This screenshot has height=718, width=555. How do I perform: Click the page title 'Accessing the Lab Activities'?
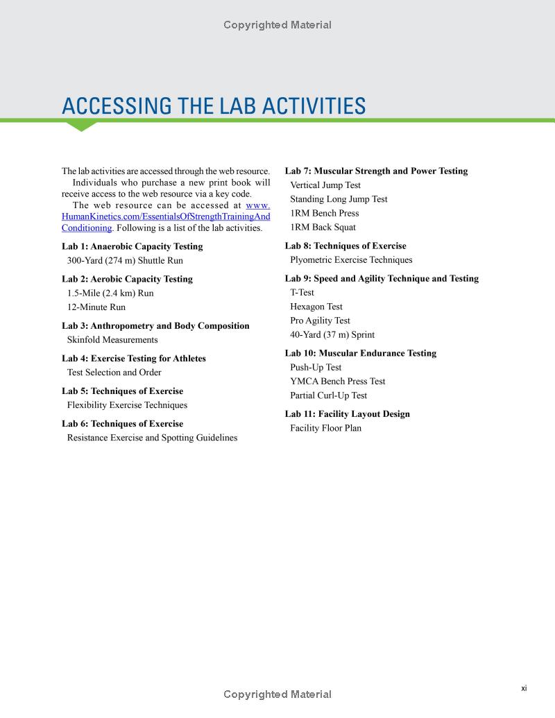point(214,106)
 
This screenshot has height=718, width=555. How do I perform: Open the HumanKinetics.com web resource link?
point(166,216)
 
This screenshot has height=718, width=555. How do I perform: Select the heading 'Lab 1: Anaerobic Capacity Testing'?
point(132,246)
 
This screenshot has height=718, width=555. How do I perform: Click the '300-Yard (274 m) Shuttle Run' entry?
point(125,261)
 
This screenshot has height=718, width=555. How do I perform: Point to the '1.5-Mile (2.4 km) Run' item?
point(110,293)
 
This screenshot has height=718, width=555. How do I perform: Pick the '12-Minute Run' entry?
point(96,307)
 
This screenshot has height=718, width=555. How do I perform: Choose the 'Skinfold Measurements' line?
point(112,340)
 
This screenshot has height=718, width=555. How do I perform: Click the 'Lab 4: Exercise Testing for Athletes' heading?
point(134,359)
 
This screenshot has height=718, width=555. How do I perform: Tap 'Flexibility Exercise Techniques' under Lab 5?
point(127,405)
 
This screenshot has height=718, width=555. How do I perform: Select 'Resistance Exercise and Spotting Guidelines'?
point(152,438)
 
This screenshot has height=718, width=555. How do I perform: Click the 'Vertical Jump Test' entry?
point(325,185)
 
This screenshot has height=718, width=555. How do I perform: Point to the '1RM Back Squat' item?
point(323,228)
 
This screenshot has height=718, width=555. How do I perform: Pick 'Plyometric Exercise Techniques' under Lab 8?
point(351,260)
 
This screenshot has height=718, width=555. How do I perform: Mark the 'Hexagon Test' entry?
point(316,307)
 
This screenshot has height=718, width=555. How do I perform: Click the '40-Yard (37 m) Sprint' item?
point(332,334)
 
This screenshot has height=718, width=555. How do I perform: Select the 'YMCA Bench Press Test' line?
point(338,382)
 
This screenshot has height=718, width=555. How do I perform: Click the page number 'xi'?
point(524,688)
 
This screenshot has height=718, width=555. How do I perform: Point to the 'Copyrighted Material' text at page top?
point(277,25)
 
